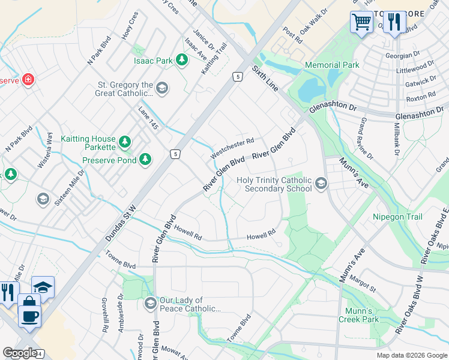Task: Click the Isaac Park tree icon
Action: (x=181, y=60)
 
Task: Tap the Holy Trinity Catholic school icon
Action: (x=321, y=184)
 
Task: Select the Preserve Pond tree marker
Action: (x=145, y=160)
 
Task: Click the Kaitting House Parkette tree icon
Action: (x=124, y=142)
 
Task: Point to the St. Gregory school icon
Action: (x=161, y=89)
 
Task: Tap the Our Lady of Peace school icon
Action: (x=149, y=303)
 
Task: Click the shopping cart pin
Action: (x=361, y=22)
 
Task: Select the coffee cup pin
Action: (x=29, y=314)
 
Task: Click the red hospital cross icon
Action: (x=28, y=79)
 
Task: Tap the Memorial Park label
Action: (x=331, y=65)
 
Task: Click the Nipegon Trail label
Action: (x=397, y=217)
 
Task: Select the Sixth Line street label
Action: (x=265, y=79)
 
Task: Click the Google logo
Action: (x=20, y=352)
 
